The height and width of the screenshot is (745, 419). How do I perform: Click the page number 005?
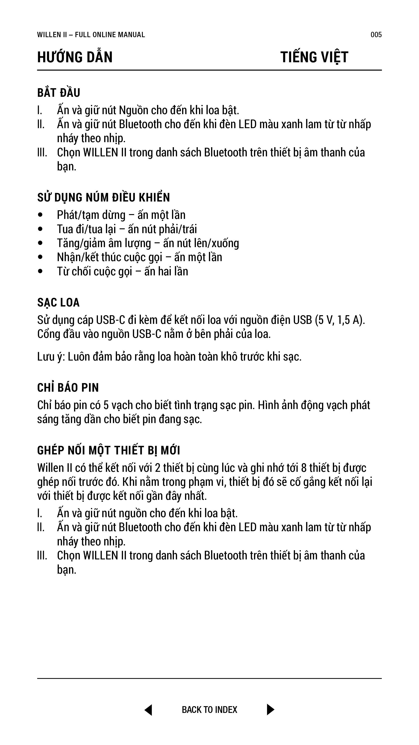(x=376, y=35)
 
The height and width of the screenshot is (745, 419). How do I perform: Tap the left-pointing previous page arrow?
(x=148, y=710)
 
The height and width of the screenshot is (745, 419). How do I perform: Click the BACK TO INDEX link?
(x=209, y=710)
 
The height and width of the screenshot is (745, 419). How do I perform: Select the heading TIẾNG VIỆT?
(x=314, y=57)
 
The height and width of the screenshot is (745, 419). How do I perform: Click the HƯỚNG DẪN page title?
(x=75, y=57)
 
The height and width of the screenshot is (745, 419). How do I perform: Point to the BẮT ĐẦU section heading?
(x=59, y=93)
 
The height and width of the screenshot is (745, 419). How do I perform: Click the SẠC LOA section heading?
(x=58, y=302)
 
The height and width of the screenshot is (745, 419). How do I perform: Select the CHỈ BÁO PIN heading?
(x=68, y=388)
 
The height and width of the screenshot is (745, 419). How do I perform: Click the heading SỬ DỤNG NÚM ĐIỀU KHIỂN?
(x=103, y=197)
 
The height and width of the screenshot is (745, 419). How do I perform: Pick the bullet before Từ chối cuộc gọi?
(x=41, y=272)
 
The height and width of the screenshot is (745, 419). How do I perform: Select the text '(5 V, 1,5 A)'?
(x=340, y=320)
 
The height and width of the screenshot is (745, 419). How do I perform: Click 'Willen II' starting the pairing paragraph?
(x=54, y=468)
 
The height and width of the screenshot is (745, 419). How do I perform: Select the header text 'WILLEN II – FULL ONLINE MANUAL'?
(x=91, y=35)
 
